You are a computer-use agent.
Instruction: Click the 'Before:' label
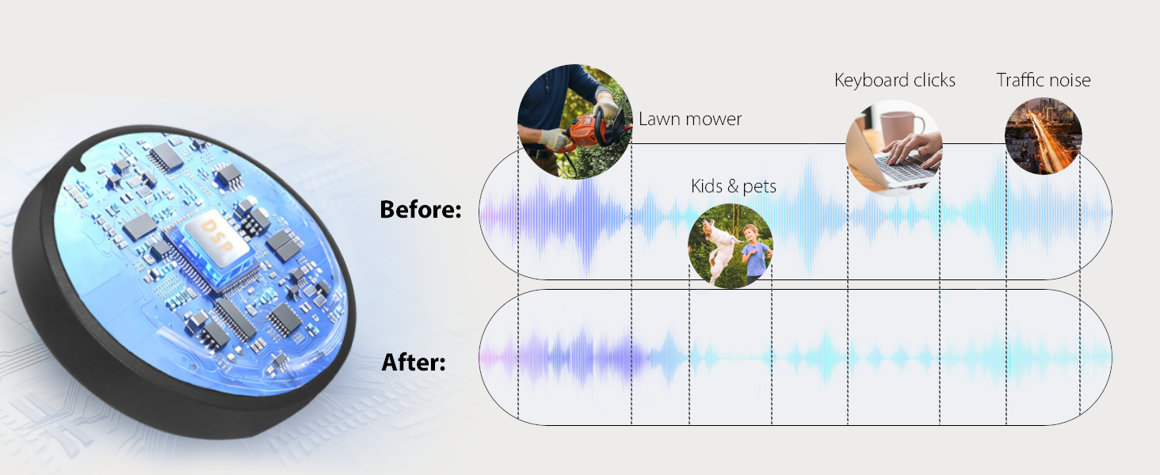pyautogui.click(x=421, y=210)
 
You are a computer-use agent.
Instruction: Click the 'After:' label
pyautogui.click(x=414, y=363)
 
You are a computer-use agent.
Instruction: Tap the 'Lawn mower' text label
pyautogui.click(x=690, y=119)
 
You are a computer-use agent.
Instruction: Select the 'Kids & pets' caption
pyautogui.click(x=733, y=186)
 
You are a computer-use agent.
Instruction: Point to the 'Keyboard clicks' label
pyautogui.click(x=895, y=80)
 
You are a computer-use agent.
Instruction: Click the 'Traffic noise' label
pyautogui.click(x=1044, y=80)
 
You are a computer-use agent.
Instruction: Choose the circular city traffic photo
pyautogui.click(x=1043, y=136)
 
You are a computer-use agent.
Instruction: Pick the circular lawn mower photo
pyautogui.click(x=574, y=122)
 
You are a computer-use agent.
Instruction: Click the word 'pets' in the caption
pyautogui.click(x=759, y=187)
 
